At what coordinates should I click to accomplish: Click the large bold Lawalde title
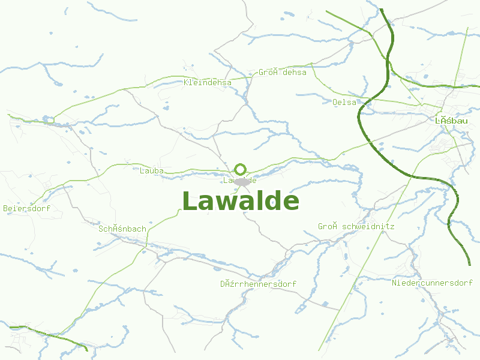coord(240,201)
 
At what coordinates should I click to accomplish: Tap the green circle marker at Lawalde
coord(241,169)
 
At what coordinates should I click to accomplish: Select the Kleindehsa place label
coord(208,82)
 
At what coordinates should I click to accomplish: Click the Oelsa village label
coord(344,102)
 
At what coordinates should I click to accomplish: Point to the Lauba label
coord(151,170)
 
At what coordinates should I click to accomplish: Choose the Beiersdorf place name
coord(26,209)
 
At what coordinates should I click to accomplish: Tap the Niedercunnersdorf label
coord(432,283)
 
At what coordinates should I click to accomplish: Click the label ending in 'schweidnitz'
coord(356,226)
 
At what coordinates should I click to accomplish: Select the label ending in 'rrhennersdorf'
coord(258,284)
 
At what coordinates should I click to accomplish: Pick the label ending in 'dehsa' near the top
coord(283,72)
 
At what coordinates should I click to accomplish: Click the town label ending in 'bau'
coord(451,121)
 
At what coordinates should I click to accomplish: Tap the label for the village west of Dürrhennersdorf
coord(122,229)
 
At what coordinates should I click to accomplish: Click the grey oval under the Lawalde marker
coord(241,181)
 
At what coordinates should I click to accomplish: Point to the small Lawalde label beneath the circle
coord(240,180)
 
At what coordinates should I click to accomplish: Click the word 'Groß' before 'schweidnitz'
coord(328,226)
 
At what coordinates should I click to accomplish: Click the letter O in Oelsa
coord(335,102)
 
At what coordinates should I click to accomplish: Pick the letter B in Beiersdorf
coord(5,209)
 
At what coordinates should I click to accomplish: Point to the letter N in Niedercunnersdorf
coord(394,283)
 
